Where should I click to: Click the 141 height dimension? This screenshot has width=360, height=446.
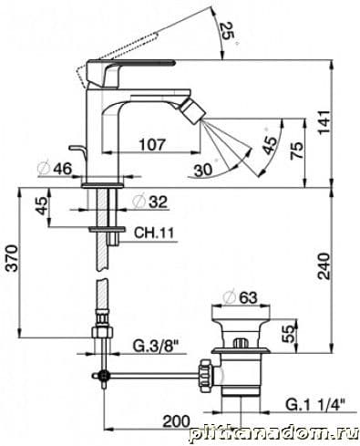324,122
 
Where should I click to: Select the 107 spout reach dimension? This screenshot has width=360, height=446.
152,144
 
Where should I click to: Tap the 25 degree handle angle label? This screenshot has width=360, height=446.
228,32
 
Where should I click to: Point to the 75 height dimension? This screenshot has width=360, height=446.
297,150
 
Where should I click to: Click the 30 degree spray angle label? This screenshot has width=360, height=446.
203,170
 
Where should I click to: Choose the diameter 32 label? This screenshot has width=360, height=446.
150,202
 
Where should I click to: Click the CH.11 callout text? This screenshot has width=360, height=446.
154,233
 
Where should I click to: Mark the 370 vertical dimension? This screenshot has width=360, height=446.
13,258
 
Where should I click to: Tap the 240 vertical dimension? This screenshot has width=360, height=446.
324,266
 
